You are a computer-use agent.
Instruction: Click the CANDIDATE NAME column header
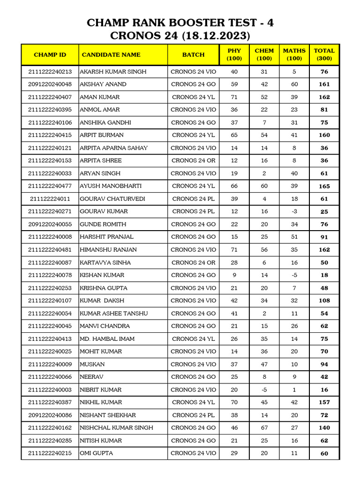tap(111, 55)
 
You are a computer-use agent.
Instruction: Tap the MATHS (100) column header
tap(294, 54)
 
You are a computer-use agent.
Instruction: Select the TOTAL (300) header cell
tap(324, 54)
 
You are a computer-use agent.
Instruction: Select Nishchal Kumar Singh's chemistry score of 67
tap(264, 428)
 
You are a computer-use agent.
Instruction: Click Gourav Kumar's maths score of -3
tap(294, 211)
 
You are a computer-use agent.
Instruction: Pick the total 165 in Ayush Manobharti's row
tap(324, 186)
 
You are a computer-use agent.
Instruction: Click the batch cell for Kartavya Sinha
tap(193, 262)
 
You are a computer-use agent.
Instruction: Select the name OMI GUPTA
tap(96, 453)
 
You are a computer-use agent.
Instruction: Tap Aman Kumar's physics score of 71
tap(234, 97)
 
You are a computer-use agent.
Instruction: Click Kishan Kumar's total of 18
tap(324, 275)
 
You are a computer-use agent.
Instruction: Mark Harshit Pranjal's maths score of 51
tap(294, 237)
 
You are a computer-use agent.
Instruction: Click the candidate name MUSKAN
tap(92, 364)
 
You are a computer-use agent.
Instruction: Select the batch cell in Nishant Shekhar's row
tap(193, 415)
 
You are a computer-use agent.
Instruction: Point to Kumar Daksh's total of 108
tap(324, 300)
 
